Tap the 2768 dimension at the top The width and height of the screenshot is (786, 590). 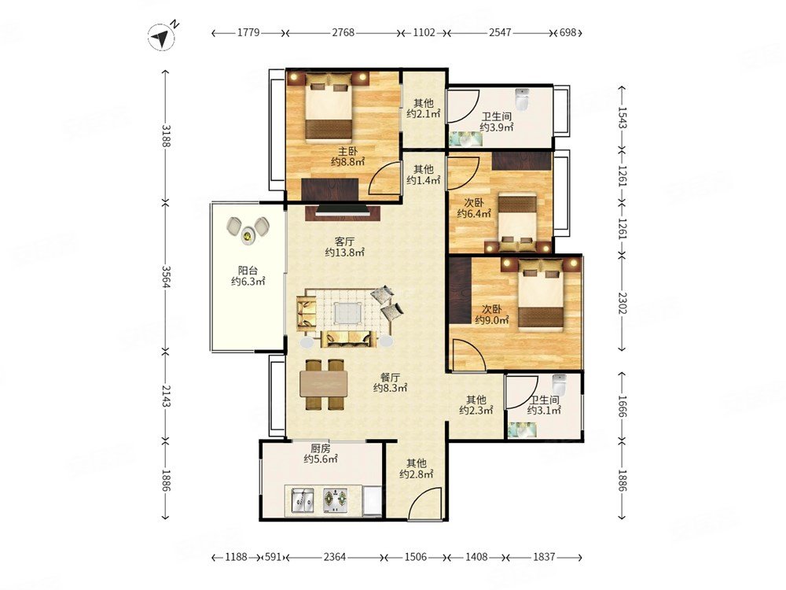coord(343,32)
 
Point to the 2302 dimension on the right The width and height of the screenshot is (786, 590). coord(622,303)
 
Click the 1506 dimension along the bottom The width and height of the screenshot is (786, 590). coord(416,557)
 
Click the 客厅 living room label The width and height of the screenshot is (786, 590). coord(344,242)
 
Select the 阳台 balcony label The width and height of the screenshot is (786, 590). coord(248,271)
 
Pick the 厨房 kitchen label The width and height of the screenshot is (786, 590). coord(321,448)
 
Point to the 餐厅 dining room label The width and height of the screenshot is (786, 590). coord(390,378)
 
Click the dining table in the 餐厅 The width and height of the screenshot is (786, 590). coord(324,385)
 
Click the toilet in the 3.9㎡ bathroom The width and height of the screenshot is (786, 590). coord(523,99)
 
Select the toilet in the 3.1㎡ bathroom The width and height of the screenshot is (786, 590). coord(559,385)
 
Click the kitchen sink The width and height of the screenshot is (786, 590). coord(303,500)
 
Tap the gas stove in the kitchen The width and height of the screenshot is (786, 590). coord(336,500)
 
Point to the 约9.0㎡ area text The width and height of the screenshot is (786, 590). coord(492,319)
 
